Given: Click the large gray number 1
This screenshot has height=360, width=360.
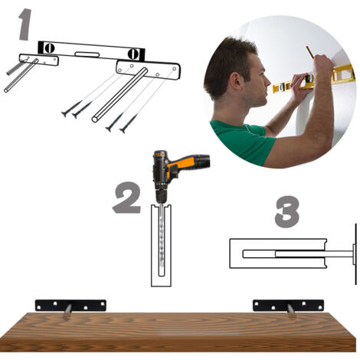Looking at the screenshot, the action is pyautogui.click(x=25, y=25).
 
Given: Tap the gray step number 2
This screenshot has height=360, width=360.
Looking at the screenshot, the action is pyautogui.click(x=127, y=198).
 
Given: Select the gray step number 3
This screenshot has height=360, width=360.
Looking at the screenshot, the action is pyautogui.click(x=287, y=211).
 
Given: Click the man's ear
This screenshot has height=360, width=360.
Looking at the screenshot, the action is pyautogui.click(x=236, y=80).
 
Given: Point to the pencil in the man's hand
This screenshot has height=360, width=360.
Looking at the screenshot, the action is pyautogui.click(x=310, y=51).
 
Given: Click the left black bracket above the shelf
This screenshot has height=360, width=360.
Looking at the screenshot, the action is pyautogui.click(x=70, y=306).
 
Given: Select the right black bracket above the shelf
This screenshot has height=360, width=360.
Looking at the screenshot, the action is pyautogui.click(x=288, y=306).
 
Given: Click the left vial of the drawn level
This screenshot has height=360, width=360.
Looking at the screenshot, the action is pyautogui.click(x=50, y=48).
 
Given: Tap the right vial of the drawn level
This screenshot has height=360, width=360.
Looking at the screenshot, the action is pyautogui.click(x=133, y=54).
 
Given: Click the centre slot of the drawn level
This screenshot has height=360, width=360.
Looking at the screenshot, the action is pyautogui.click(x=87, y=54).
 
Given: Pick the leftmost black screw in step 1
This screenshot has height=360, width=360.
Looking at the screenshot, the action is pyautogui.click(x=71, y=109).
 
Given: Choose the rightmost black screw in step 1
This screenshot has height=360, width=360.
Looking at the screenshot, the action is pyautogui.click(x=129, y=124).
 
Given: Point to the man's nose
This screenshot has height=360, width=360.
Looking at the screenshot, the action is pyautogui.click(x=267, y=82).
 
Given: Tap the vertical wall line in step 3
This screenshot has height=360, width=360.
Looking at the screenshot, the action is pyautogui.click(x=355, y=254).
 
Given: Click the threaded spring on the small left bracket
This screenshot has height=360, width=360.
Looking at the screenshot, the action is pyautogui.click(x=16, y=68).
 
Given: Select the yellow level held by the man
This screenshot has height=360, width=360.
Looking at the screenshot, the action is pyautogui.click(x=314, y=78).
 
